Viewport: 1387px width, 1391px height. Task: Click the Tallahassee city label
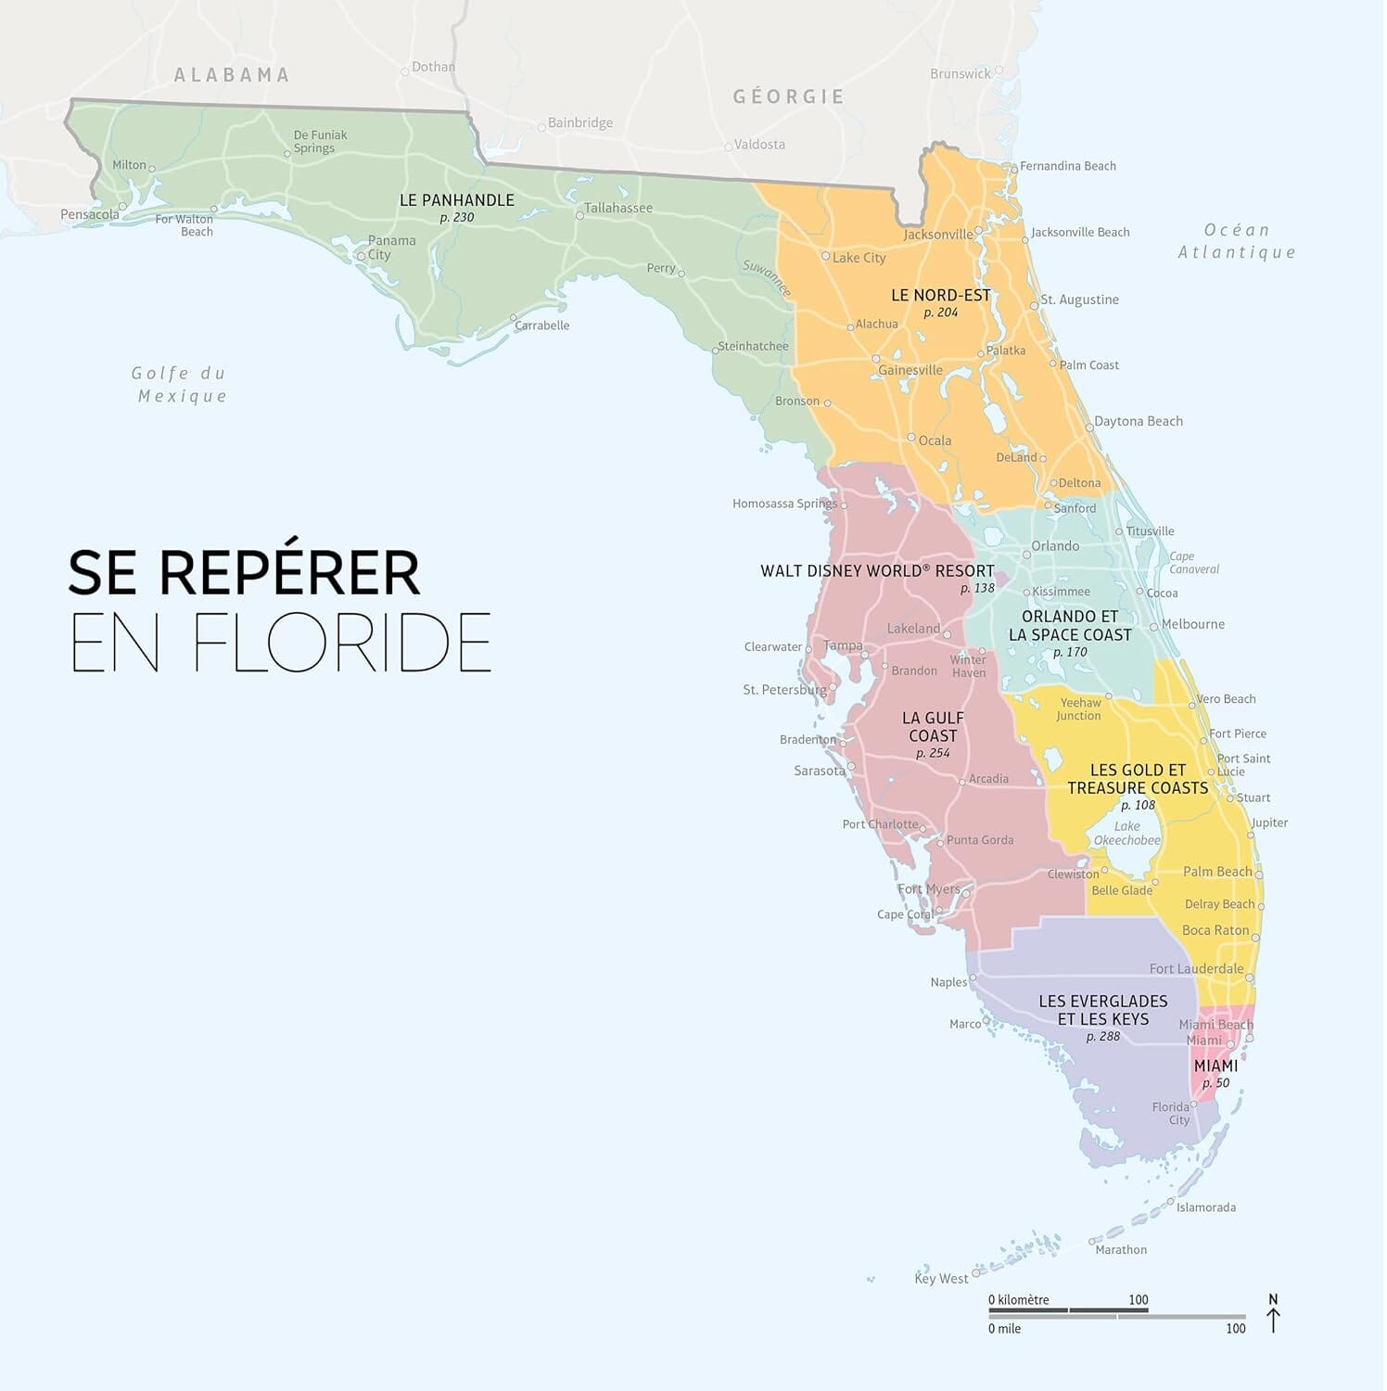click(x=618, y=208)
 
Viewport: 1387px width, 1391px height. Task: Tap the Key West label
click(x=940, y=1279)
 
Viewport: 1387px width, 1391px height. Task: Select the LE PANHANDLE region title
click(x=456, y=200)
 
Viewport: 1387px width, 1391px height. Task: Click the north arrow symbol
click(x=1273, y=1315)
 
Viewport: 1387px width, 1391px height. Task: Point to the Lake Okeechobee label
click(x=1126, y=834)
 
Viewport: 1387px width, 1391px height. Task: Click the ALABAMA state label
click(x=232, y=75)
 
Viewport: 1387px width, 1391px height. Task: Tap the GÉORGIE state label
click(x=788, y=96)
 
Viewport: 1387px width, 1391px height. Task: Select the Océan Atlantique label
click(x=1237, y=241)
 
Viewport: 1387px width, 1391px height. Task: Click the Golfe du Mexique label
click(x=180, y=385)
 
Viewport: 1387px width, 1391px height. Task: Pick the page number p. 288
click(x=1102, y=1037)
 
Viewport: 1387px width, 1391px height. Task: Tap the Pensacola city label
click(x=90, y=215)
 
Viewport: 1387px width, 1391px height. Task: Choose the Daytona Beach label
click(x=1138, y=422)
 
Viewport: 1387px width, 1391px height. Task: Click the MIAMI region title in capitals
click(x=1215, y=1066)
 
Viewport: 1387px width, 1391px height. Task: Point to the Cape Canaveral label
click(x=1193, y=563)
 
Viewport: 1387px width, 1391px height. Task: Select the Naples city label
click(x=948, y=983)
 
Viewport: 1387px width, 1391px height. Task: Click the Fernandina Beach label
click(x=1067, y=166)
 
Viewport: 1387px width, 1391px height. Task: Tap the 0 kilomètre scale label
click(x=1018, y=1300)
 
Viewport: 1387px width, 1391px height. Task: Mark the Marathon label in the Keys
click(x=1120, y=1250)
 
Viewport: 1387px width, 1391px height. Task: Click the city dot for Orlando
click(x=1026, y=555)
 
